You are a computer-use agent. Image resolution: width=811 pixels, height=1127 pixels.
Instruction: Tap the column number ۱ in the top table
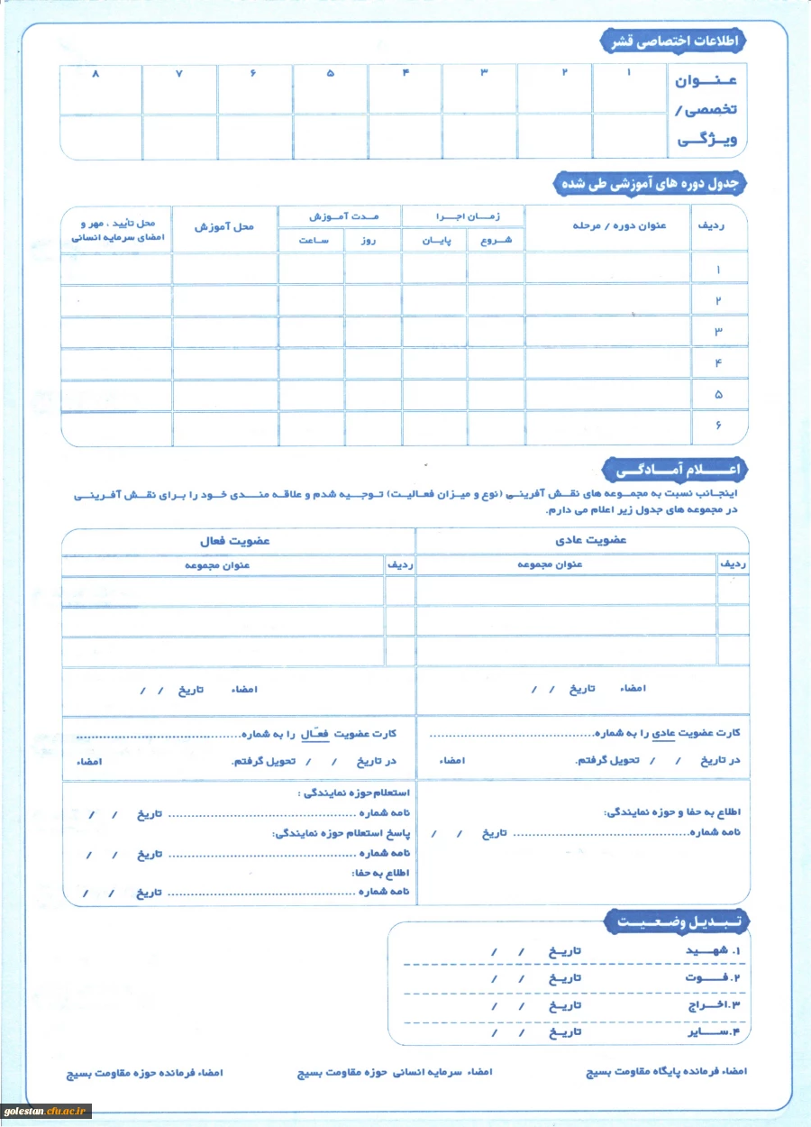coord(629,71)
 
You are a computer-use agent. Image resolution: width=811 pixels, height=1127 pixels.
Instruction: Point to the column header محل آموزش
coord(224,226)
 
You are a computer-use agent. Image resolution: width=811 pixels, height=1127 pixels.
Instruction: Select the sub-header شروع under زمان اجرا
coord(497,241)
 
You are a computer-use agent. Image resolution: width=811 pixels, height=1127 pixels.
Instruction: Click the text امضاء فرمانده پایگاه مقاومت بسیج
coord(667,1072)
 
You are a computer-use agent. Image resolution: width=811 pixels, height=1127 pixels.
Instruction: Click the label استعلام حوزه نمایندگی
coord(355,793)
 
